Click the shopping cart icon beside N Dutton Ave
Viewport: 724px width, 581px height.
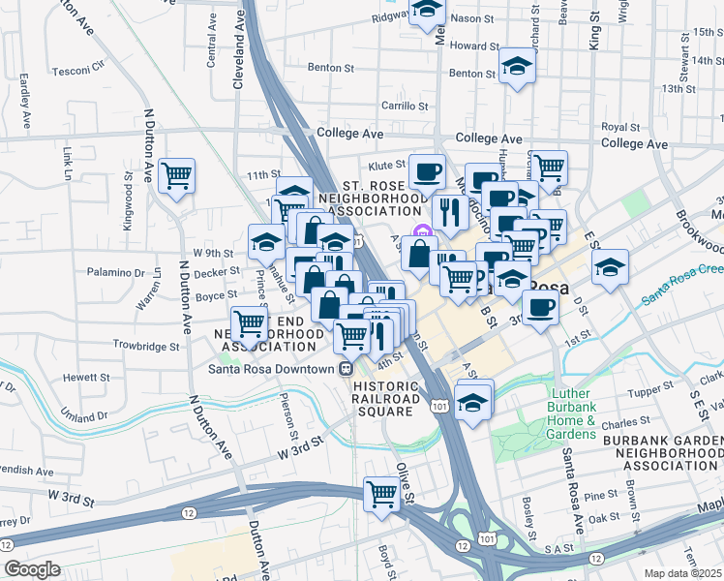pos(177,175)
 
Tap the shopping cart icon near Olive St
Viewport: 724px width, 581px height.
pos(382,493)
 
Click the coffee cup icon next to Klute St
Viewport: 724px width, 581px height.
pos(427,172)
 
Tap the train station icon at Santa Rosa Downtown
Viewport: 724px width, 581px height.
pos(345,368)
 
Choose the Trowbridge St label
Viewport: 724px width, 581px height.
pos(146,345)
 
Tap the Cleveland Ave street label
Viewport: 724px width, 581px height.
pos(237,58)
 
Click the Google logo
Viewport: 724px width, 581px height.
pos(32,569)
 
